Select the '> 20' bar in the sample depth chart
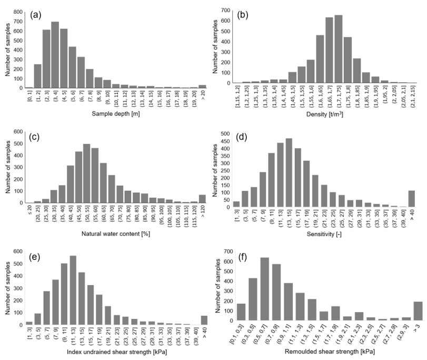(203, 86)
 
